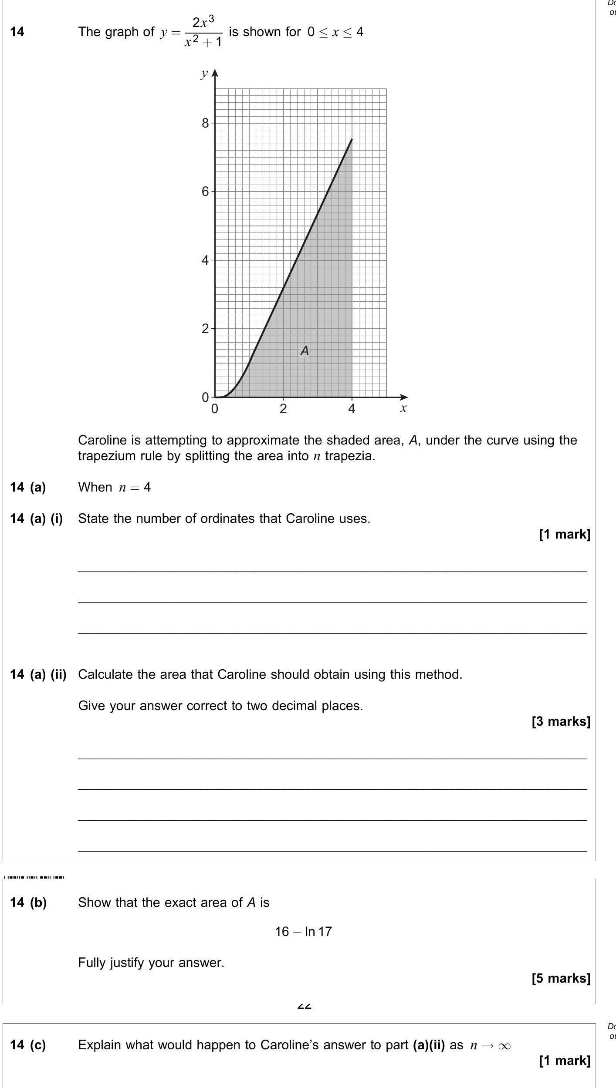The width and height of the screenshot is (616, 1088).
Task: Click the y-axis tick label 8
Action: (x=205, y=123)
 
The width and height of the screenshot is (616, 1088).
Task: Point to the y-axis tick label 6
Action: (x=205, y=192)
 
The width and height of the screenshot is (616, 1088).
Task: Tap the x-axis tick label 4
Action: (x=352, y=409)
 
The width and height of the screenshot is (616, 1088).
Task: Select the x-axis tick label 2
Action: (x=283, y=409)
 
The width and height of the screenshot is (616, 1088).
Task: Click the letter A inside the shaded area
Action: (x=305, y=350)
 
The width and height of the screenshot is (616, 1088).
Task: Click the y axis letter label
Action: (x=204, y=74)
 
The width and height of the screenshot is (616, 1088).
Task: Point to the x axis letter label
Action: (x=403, y=408)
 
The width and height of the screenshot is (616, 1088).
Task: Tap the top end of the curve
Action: (x=351, y=140)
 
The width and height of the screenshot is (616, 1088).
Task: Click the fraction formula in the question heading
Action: (x=203, y=32)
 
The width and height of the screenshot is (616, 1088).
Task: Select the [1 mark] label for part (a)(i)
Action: (x=564, y=534)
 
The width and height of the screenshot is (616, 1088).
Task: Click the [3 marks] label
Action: (x=561, y=721)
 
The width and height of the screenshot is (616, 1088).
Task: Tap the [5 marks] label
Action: (x=561, y=978)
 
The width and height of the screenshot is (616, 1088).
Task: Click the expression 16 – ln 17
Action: (x=303, y=931)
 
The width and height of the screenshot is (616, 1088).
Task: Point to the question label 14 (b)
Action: (x=28, y=903)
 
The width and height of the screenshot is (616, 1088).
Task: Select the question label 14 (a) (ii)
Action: (x=38, y=674)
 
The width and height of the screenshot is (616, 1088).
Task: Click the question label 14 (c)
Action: (x=28, y=1044)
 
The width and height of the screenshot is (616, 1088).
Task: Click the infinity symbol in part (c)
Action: (x=504, y=1046)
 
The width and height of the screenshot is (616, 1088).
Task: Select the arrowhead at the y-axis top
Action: (x=214, y=72)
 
